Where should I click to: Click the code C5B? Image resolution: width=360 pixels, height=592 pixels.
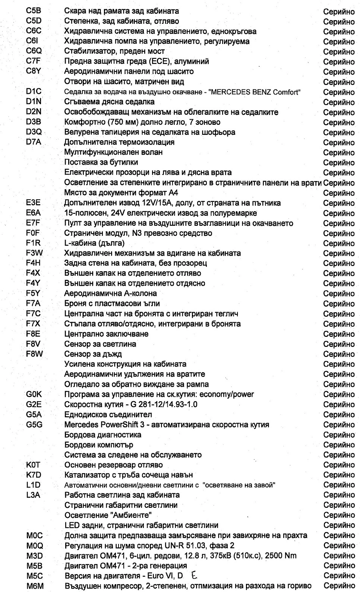coord(34,11)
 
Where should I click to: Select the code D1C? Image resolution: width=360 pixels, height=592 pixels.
coord(34,91)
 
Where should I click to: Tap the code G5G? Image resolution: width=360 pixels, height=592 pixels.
coord(34,424)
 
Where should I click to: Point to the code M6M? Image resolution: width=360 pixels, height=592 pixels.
coord(35,586)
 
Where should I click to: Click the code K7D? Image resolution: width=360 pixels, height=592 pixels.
coord(34,475)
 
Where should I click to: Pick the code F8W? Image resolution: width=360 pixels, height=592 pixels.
coord(34,354)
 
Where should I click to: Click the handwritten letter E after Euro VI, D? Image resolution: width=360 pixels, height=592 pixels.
coord(195,575)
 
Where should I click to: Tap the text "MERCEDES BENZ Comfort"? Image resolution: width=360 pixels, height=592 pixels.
coord(256,92)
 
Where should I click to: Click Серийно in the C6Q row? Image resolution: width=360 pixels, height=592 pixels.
coord(339,51)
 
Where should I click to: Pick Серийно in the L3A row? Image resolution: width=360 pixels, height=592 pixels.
coord(339,495)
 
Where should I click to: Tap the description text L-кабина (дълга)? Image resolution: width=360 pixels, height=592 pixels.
coord(94,243)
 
